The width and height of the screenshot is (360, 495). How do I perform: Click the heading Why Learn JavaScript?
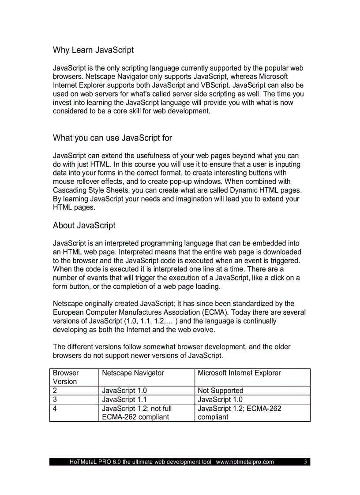93,50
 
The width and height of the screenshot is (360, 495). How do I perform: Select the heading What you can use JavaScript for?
112,138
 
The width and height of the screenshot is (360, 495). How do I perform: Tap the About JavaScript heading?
84,225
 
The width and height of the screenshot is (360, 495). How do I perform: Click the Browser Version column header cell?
66,377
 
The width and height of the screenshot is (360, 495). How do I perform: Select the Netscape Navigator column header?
133,373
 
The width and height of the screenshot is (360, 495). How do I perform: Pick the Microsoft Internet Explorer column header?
239,373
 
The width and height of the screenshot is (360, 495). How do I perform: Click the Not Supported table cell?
220,391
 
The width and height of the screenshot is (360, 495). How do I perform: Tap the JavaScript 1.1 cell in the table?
124,399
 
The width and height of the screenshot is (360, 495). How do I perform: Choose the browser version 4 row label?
55,409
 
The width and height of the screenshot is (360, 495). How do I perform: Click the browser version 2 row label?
55,391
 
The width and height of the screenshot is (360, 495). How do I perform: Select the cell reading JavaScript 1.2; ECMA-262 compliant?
239,413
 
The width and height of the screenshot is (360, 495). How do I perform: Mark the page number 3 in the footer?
305,462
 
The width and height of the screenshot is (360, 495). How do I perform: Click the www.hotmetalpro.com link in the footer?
245,462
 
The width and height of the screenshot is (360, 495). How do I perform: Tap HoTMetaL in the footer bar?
82,462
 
